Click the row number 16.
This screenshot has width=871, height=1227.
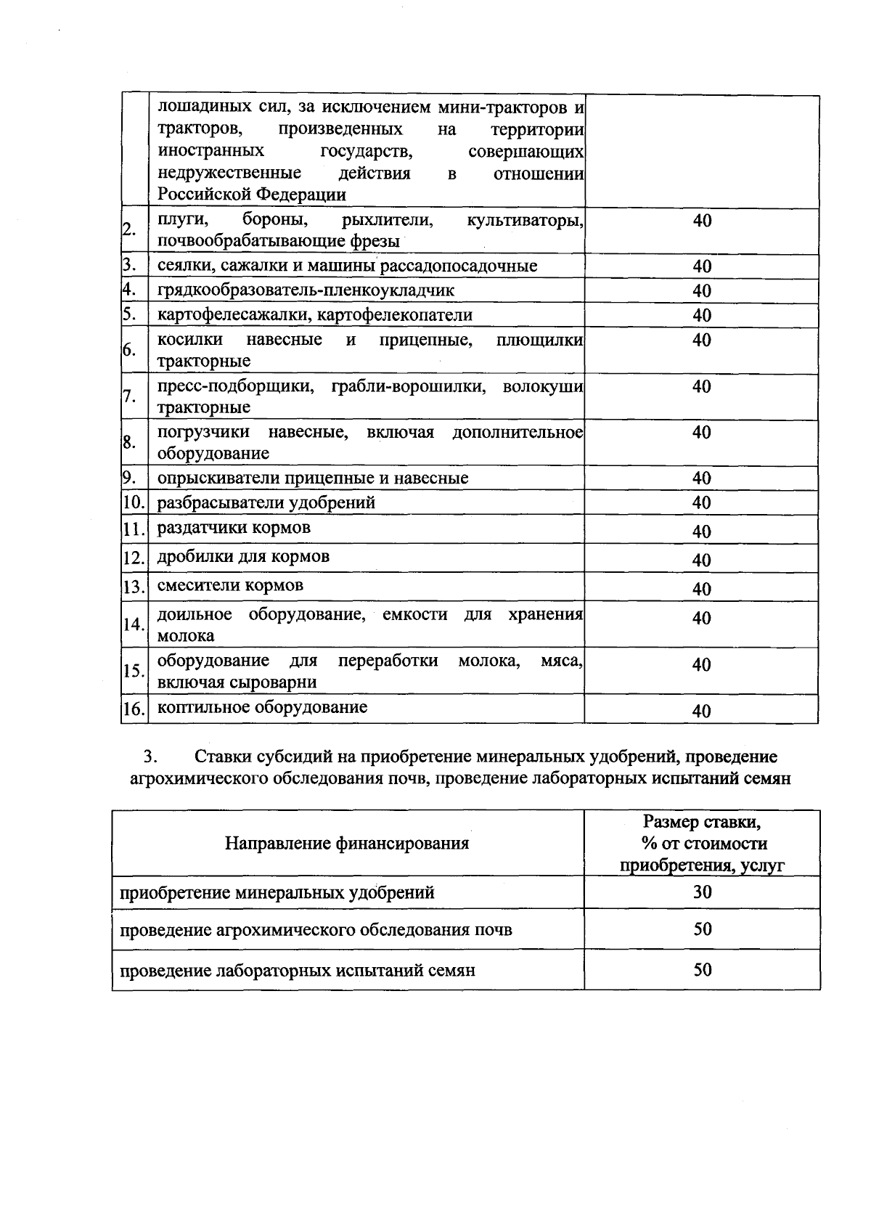coord(134,710)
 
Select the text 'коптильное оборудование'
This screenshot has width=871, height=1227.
coord(262,707)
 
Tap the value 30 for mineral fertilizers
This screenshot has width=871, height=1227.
coord(702,892)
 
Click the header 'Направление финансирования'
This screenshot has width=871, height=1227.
coord(347,843)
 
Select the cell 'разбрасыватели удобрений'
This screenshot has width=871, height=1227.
coord(266,502)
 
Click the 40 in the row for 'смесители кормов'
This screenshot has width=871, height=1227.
coord(701,589)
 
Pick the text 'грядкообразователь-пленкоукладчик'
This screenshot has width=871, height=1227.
coord(306,290)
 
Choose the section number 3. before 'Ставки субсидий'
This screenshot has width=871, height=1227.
coord(150,757)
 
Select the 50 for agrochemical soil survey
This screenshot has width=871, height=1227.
coord(702,929)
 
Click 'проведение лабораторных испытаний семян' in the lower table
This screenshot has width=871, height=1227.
coord(298,970)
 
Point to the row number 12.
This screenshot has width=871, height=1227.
coord(134,558)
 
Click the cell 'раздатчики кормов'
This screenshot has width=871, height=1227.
coord(234,527)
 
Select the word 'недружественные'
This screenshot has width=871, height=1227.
coord(229,174)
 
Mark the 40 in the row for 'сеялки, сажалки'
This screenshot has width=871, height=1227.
coord(701,266)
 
